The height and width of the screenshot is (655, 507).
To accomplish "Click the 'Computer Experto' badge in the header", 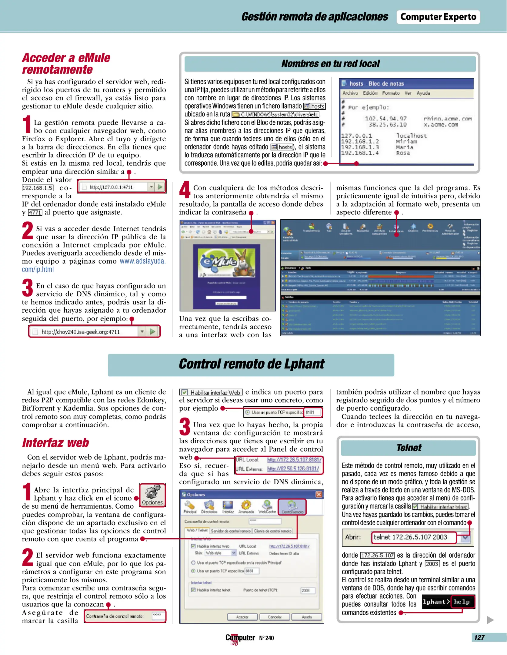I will [x=438, y=17].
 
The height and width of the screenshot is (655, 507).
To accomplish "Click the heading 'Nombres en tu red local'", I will [x=330, y=64].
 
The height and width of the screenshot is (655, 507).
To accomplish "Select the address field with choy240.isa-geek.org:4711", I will [x=86, y=332].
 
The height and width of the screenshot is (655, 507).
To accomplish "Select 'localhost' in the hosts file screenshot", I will [x=411, y=136].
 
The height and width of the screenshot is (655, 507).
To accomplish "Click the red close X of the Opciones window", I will [x=319, y=495].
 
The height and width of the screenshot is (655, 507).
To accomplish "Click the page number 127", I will [x=479, y=637].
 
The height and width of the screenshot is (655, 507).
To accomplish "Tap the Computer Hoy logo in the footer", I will [x=240, y=638].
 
